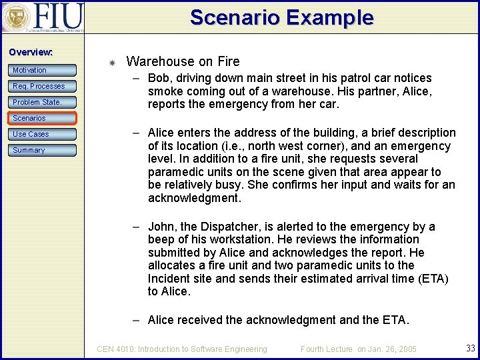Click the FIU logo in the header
point(43,17)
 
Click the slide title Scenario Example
point(281,17)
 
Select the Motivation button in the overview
point(43,70)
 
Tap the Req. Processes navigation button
point(43,86)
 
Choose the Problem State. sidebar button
point(43,102)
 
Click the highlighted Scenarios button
point(43,118)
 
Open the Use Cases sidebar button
point(43,134)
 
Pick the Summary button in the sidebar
point(43,150)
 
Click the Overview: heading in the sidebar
point(31,52)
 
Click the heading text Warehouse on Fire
point(183,61)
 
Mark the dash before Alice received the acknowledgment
point(135,320)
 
